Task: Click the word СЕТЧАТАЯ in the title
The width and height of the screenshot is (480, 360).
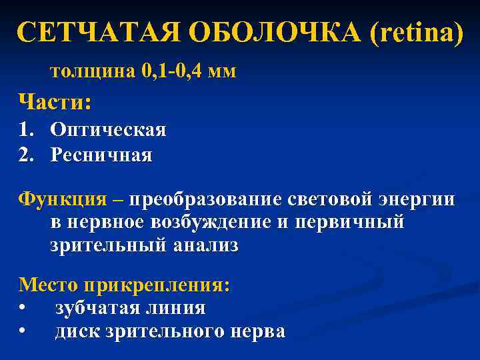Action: (x=99, y=32)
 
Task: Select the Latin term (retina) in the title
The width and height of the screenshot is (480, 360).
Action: (x=413, y=32)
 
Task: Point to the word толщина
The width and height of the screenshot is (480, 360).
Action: (x=93, y=71)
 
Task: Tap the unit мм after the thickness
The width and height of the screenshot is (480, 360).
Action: (x=222, y=71)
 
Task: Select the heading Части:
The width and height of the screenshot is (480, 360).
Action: (x=55, y=102)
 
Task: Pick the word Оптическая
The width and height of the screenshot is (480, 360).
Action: (x=108, y=129)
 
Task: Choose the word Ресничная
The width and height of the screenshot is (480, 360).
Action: (x=101, y=155)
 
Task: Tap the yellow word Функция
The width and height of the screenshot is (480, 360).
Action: (x=62, y=199)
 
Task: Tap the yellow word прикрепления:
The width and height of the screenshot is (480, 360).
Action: (x=157, y=285)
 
